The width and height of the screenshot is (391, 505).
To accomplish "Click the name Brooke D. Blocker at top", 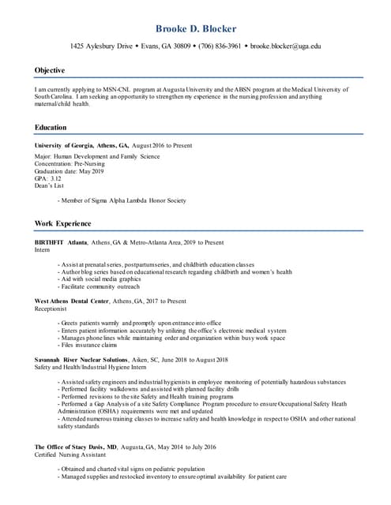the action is click(195, 28).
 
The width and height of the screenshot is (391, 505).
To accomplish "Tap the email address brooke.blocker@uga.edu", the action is click(286, 47).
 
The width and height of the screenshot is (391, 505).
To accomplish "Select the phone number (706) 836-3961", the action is click(220, 47).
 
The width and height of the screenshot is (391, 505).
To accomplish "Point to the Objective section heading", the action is click(49, 70).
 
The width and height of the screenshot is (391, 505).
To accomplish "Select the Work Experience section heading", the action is click(62, 224).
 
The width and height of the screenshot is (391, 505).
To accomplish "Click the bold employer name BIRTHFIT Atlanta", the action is click(61, 242).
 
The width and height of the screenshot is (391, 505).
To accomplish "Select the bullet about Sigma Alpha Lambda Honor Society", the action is click(122, 200).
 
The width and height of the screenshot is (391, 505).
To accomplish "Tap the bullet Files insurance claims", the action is click(88, 344).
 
